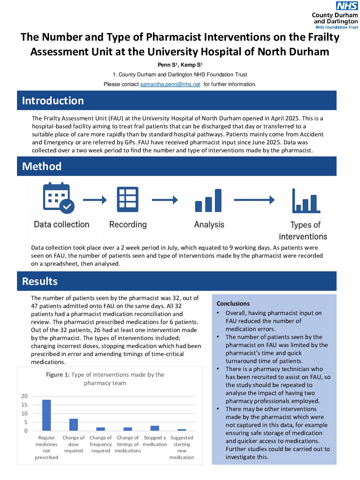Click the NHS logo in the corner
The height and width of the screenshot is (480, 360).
point(347,6)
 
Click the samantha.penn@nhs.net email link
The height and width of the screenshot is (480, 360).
point(170,84)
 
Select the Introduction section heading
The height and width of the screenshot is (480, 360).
point(53,101)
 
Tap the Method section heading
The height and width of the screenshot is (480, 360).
point(42,166)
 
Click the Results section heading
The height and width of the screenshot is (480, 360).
point(40,281)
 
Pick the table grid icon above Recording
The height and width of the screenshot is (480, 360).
point(128,199)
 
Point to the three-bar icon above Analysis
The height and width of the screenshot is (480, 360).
point(208,201)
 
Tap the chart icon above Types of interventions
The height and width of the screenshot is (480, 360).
point(306,201)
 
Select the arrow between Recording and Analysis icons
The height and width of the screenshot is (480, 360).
point(165,200)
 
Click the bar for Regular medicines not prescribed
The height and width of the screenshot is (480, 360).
point(47,415)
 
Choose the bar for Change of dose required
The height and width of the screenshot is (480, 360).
point(74,425)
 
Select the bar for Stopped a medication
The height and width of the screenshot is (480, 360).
point(155,428)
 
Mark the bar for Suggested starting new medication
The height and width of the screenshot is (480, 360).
point(182,430)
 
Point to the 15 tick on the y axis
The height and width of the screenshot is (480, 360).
point(24,405)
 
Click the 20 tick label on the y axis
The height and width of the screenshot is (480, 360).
point(24,396)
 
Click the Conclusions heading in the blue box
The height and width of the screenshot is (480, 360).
point(233,304)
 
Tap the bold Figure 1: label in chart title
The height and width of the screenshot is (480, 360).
point(58,375)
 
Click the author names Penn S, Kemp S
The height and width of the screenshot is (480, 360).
point(180,65)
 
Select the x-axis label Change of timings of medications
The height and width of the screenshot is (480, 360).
point(128,444)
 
